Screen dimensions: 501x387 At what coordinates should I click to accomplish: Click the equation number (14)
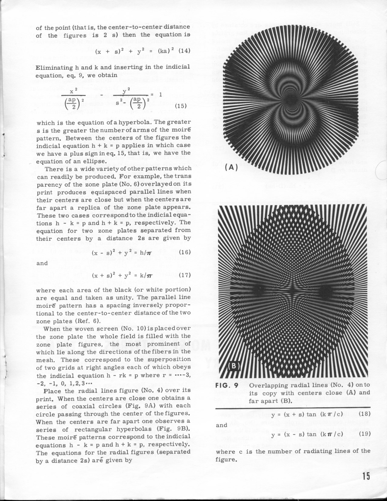(184, 51)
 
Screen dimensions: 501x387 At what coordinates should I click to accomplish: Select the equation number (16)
(185, 252)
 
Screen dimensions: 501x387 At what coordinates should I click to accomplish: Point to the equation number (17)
(185, 275)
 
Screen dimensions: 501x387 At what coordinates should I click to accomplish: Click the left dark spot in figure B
(258, 291)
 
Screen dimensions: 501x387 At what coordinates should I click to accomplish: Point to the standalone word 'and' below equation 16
(42, 263)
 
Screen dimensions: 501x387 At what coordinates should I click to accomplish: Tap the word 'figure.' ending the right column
(226, 459)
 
